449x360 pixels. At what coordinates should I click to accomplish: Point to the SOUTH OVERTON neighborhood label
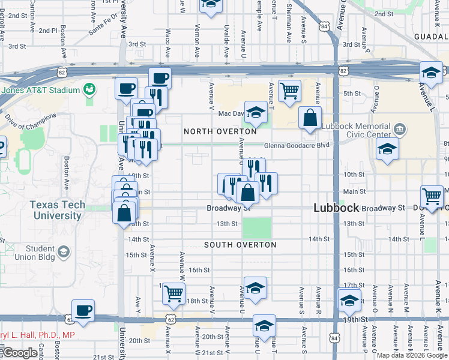[x=240, y=245]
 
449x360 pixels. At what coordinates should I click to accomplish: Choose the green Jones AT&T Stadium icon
[x=90, y=90]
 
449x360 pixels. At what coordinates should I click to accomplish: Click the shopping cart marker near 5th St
[x=289, y=92]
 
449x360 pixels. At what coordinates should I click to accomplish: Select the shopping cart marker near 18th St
[x=173, y=293]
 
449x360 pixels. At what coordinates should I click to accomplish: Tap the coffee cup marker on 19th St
[x=83, y=311]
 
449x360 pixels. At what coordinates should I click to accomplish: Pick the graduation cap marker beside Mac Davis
[x=256, y=112]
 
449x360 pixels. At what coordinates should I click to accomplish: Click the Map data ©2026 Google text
[x=412, y=355]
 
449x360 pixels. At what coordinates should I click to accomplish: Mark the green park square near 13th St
[x=257, y=228]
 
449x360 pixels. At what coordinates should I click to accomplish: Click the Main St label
[x=354, y=191]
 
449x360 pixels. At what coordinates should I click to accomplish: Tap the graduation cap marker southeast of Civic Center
[x=387, y=150]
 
